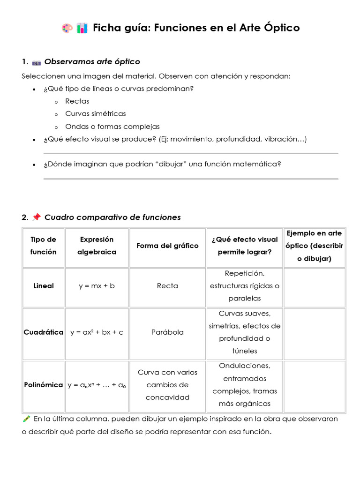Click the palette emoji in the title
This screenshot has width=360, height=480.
click(67, 28)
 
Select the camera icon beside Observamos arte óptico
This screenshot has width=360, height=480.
click(36, 62)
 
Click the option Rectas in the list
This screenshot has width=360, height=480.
click(77, 101)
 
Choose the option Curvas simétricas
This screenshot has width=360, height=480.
click(96, 113)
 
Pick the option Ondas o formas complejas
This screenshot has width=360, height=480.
click(112, 126)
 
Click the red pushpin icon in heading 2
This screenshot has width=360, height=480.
click(37, 217)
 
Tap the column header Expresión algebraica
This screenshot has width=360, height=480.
click(97, 246)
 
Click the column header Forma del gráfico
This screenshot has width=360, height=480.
click(167, 246)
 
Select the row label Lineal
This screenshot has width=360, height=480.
click(44, 285)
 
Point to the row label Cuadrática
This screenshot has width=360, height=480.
click(44, 332)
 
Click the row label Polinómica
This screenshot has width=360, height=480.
click(44, 385)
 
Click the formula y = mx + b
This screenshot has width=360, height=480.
click(97, 285)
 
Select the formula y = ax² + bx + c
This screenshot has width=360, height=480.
click(97, 332)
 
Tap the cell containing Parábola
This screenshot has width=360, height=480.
click(167, 332)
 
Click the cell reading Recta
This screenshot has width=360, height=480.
click(167, 285)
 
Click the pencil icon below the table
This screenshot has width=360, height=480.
click(26, 419)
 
